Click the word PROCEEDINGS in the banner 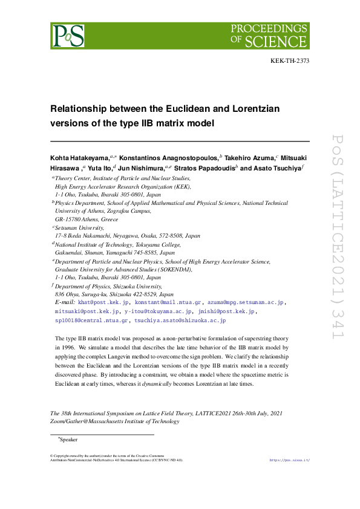[x=269, y=28]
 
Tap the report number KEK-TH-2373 [x=289, y=62]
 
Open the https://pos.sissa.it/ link [x=289, y=460]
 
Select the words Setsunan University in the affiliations [x=77, y=229]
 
